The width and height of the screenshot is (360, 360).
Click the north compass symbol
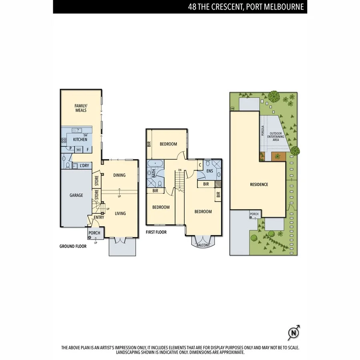coord(294,333)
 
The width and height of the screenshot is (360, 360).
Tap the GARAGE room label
coord(76,195)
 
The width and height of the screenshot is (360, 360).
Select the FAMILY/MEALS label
coord(81,108)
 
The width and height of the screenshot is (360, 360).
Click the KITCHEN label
coord(80,140)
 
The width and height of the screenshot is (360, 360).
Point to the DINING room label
coord(119,175)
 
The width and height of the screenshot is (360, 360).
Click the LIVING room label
coord(120,214)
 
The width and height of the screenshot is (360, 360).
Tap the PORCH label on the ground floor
coord(94,233)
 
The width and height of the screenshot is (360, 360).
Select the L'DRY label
coord(84,166)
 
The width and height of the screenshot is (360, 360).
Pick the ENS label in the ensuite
coord(210,171)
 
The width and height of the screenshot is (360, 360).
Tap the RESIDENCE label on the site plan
coord(259,184)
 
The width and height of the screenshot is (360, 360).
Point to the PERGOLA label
coord(263,131)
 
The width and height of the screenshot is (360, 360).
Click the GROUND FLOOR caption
coord(73,246)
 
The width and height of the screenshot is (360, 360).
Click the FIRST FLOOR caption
coord(156,232)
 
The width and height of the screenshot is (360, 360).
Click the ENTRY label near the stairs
coord(98,217)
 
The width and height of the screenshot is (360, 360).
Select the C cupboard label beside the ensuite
coord(200,165)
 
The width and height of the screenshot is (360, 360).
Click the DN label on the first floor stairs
coord(180,170)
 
